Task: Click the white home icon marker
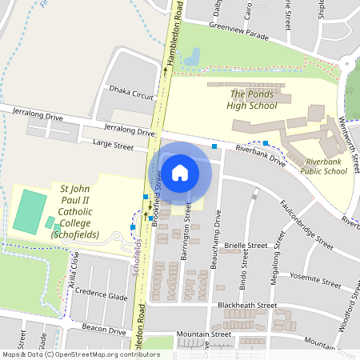pos(180,172)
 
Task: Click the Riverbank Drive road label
pos(260,155)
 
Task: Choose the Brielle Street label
pos(246,246)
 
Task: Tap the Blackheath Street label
pos(249,305)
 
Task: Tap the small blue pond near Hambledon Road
pos(192,58)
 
